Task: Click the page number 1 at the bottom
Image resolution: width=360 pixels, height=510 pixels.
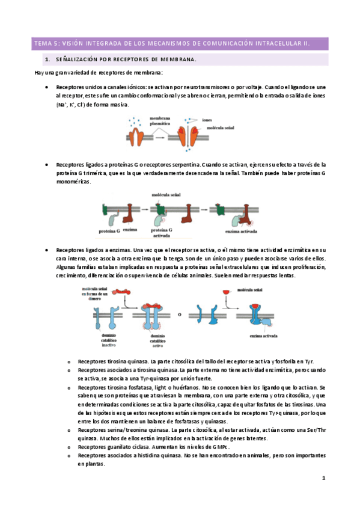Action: pos(323,478)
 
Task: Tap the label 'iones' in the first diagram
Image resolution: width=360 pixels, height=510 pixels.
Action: pos(207,120)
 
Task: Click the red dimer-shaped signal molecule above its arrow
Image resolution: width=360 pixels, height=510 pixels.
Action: pos(123,291)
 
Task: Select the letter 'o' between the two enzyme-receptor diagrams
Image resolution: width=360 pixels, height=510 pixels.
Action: pos(178,313)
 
